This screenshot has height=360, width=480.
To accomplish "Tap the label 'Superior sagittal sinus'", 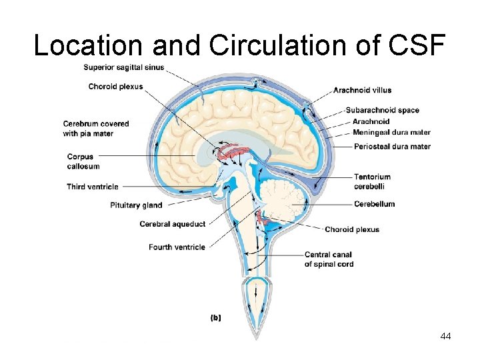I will point(124,67).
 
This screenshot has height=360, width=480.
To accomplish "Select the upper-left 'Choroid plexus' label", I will point(115,86).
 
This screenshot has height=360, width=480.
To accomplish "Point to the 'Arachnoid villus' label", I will point(362,90).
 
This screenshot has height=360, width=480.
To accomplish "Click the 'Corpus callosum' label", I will point(80,161).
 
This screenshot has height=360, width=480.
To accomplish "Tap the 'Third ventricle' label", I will point(92,187).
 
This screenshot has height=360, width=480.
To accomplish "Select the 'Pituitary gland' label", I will point(136,205).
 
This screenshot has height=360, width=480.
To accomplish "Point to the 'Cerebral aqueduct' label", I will point(172,224).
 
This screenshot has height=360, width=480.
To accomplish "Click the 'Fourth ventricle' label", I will point(177,247).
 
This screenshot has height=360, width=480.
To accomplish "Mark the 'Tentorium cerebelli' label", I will point(373,182).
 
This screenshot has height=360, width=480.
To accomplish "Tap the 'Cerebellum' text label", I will point(374,204).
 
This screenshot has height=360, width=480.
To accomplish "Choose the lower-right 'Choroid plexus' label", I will point(352,229).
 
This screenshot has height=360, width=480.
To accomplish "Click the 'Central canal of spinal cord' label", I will point(328,259).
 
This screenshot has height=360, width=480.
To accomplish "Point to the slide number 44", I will point(445,337).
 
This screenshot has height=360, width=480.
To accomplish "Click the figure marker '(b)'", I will point(216,318).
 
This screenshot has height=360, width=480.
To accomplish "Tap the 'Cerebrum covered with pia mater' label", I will point(96,129).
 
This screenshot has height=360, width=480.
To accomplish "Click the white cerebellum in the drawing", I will point(283,200).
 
